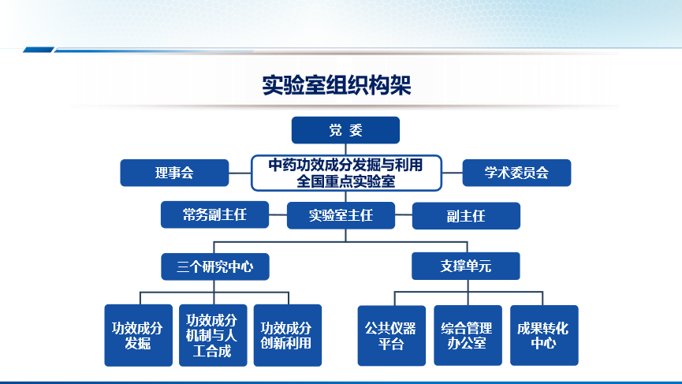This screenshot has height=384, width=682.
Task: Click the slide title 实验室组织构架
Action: click(336, 85)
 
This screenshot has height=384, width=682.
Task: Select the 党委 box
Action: click(345, 130)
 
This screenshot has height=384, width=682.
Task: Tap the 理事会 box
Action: click(174, 173)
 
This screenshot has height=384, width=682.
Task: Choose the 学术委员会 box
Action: click(516, 173)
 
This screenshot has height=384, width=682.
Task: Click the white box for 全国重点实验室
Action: click(346, 173)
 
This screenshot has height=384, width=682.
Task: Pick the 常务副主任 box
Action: click(215, 214)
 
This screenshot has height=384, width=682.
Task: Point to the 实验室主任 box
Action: click(341, 215)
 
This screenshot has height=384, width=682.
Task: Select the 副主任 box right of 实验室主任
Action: click(466, 216)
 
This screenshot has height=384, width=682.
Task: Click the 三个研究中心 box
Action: click(215, 267)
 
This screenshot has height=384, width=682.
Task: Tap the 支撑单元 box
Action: click(466, 266)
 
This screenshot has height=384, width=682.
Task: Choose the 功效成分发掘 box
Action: click(138, 335)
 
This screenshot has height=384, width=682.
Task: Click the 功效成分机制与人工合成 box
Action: click(213, 335)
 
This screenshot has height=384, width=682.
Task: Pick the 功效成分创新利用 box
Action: click(288, 335)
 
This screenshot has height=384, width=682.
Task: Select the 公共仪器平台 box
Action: click(391, 336)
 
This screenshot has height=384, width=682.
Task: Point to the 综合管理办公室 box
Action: click(468, 335)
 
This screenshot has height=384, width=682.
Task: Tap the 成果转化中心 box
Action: click(544, 335)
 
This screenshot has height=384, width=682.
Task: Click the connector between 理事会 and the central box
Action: click(240, 173)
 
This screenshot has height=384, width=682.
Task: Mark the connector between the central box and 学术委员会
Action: click(453, 173)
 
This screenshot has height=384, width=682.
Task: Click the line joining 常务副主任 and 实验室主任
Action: click(278, 214)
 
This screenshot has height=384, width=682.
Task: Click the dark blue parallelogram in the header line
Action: click(39, 50)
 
